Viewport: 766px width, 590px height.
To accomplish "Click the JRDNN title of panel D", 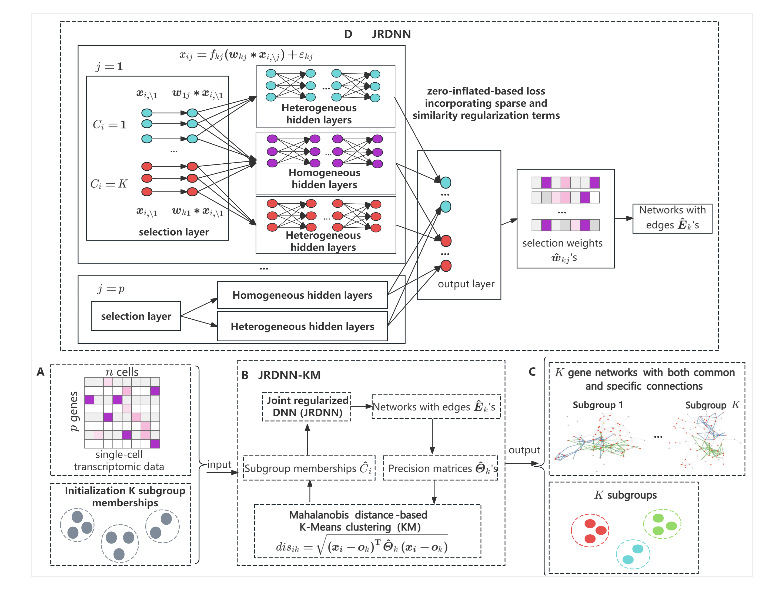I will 391,34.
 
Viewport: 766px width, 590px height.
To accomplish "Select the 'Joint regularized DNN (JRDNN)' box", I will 307,406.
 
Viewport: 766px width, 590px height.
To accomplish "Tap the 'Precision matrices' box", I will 440,468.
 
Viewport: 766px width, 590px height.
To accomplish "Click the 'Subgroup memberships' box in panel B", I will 309,468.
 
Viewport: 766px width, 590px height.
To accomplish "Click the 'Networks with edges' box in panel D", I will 672,218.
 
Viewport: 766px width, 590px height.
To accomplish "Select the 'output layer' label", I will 466,284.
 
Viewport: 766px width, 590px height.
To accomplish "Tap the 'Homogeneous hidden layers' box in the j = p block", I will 302,295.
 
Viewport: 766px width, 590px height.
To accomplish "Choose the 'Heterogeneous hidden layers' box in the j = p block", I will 302,326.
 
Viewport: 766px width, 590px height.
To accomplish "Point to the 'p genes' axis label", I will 73,411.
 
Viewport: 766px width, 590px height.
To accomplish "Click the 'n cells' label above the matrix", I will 122,372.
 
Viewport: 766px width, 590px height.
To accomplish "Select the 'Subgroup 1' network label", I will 597,405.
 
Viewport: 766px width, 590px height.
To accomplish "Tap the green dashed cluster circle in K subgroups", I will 662,524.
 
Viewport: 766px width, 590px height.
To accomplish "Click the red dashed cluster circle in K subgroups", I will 590,530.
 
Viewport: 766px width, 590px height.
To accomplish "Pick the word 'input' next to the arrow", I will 219,464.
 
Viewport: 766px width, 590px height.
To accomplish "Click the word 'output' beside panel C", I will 524,450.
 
